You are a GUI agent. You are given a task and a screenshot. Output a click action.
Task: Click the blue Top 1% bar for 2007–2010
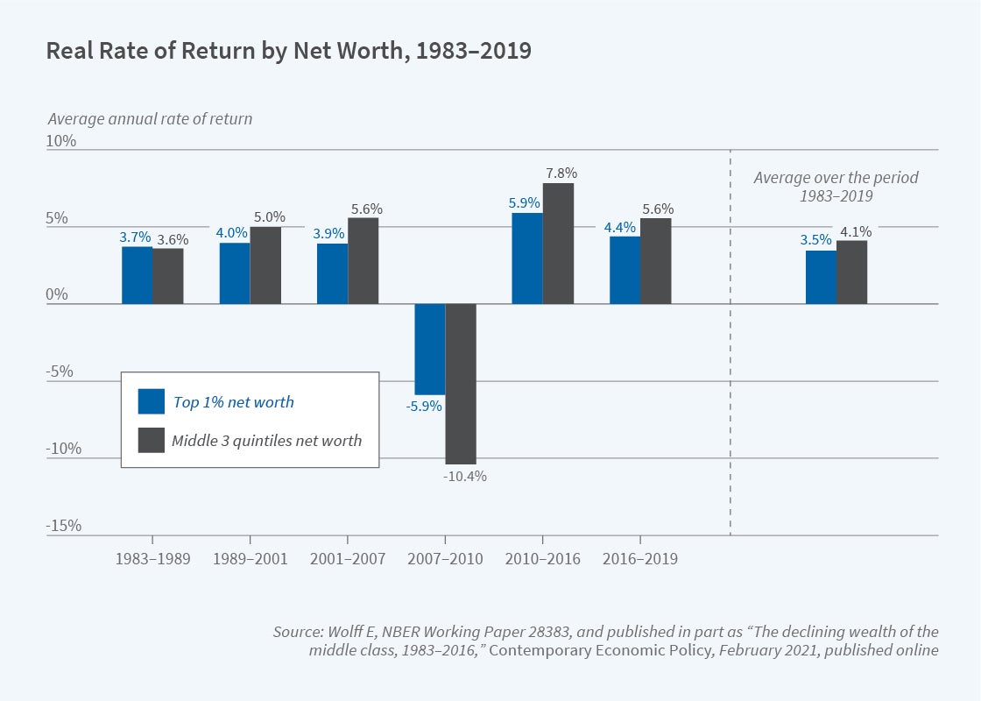click(430, 349)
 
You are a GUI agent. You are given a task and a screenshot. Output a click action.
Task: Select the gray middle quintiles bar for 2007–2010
click(461, 384)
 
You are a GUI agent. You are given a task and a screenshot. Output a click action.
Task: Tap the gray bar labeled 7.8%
click(559, 244)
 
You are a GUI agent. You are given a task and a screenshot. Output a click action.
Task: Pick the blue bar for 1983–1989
click(137, 275)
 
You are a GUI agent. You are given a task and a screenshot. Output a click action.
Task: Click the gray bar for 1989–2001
click(265, 266)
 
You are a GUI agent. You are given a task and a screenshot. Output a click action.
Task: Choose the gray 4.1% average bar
click(851, 273)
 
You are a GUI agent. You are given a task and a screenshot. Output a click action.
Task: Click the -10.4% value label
click(463, 477)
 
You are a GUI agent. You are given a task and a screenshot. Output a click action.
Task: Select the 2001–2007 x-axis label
click(348, 559)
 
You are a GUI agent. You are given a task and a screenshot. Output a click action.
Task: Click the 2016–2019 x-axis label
click(640, 559)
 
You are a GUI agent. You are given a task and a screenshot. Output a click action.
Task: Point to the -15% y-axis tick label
click(64, 526)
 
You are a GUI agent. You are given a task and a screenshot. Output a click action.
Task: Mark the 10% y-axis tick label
click(62, 141)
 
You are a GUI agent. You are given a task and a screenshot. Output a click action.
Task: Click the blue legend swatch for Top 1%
click(151, 401)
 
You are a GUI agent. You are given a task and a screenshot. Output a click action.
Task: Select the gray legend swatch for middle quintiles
click(151, 440)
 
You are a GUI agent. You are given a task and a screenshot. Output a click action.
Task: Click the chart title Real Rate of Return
click(288, 51)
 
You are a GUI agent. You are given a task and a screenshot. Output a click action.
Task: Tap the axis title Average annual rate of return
click(150, 119)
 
